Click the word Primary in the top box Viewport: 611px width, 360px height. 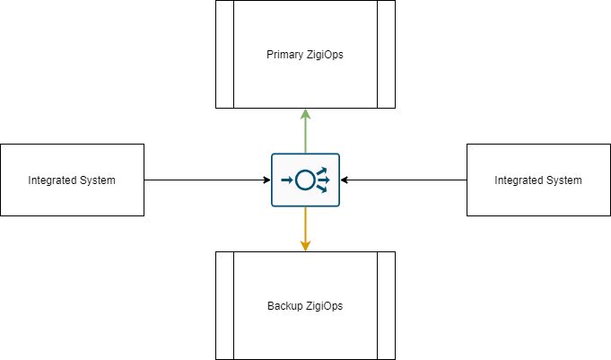285,55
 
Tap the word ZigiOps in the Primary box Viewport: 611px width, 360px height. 324,55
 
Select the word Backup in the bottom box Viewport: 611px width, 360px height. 285,306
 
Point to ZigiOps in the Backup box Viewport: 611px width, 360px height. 324,306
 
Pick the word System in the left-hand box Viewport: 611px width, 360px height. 98,180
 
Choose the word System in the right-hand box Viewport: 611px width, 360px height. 564,180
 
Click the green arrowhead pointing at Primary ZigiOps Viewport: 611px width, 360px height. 305,114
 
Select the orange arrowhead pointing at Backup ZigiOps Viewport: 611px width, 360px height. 305,245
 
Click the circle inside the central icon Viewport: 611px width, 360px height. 305,180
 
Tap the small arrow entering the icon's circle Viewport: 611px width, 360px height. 287,180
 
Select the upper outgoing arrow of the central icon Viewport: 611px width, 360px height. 322,171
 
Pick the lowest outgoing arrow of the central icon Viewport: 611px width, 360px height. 322,189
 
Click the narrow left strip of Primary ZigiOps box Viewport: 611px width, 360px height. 224,54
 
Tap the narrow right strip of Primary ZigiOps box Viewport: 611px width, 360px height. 386,54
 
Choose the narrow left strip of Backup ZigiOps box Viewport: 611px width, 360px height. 224,305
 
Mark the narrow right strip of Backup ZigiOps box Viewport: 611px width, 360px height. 386,305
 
